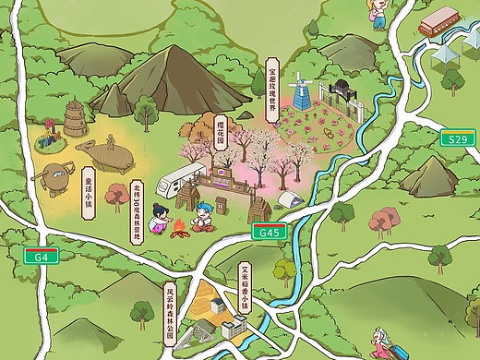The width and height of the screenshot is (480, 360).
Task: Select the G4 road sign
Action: coord(39,257)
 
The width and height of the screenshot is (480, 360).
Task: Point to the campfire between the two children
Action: coord(182,226)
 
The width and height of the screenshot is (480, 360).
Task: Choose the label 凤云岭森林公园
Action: coord(170,305)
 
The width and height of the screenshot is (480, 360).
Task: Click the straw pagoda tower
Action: coord(74,120)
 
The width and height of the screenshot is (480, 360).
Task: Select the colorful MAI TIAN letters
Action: coord(51,143)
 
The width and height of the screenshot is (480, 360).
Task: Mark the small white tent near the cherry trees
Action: coord(290,198)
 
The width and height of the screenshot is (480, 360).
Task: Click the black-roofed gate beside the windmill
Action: coord(340,91)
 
